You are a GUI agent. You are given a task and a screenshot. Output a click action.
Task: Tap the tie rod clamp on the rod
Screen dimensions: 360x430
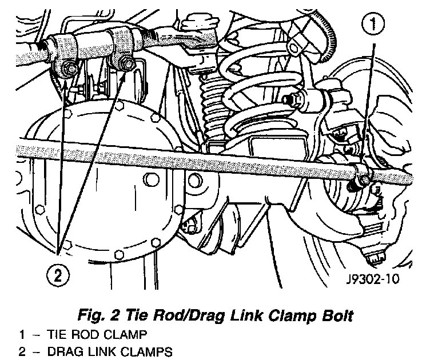tap(361, 174)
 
